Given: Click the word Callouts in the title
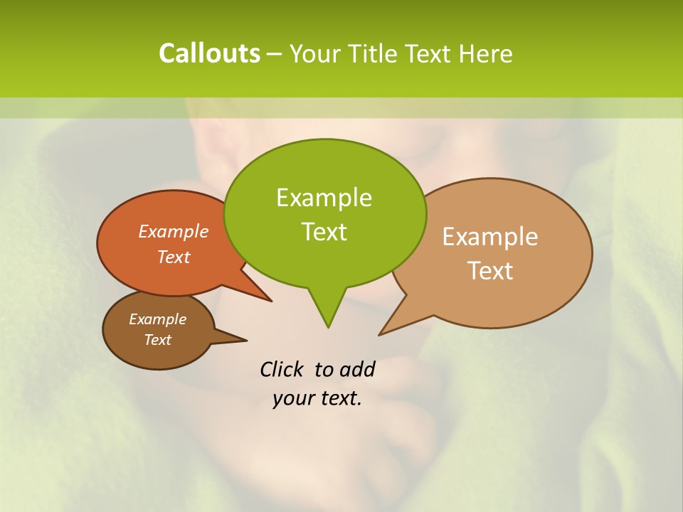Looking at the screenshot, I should (209, 53).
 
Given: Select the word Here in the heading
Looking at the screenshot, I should (485, 53).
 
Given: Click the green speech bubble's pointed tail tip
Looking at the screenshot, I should (328, 327).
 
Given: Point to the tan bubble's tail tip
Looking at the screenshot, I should (379, 334).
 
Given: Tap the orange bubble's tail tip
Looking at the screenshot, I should (271, 301).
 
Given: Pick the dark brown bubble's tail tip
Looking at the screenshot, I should (246, 339).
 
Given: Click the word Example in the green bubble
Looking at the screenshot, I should (324, 198).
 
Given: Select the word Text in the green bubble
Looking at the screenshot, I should (324, 232).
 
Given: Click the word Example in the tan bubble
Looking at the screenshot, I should (490, 237).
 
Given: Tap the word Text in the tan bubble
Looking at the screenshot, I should (490, 271).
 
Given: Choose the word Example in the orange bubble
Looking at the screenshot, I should (173, 231).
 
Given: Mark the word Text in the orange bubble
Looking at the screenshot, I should (173, 257).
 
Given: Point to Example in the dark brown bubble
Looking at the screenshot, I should (157, 319).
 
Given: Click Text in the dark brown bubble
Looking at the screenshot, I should (157, 340).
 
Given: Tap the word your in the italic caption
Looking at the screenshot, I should (293, 398).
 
